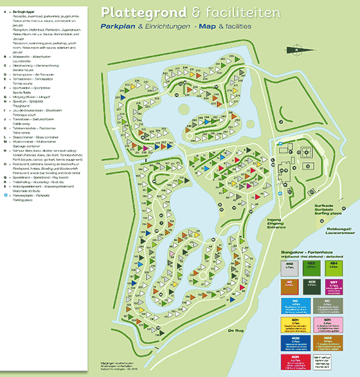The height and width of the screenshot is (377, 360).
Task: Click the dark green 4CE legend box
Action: (311, 284)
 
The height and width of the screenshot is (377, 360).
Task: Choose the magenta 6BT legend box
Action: (334, 284)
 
